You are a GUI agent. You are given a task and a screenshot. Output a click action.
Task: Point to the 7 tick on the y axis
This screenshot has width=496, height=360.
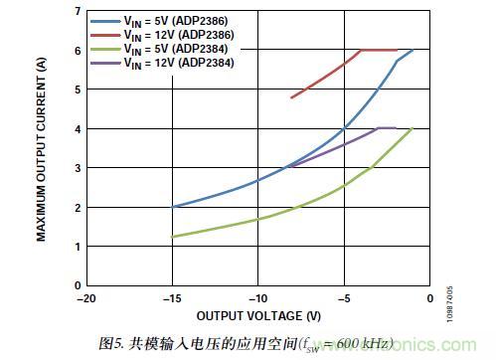[x=77, y=11]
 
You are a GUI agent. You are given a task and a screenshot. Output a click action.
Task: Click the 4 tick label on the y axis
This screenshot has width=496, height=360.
[x=77, y=128]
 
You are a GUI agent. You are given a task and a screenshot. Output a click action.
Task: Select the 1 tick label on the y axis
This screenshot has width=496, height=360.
[x=77, y=246]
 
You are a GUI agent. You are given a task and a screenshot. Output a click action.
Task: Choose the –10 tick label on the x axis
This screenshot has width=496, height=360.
[x=257, y=297]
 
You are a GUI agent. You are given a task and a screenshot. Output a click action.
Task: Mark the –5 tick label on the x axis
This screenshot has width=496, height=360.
[x=343, y=297]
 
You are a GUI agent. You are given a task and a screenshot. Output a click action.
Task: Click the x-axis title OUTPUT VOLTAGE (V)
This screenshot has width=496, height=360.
[x=258, y=315]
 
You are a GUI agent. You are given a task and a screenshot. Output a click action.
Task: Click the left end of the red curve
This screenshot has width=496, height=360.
[x=291, y=97]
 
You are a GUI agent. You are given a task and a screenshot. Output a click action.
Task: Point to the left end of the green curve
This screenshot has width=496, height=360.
[x=173, y=237]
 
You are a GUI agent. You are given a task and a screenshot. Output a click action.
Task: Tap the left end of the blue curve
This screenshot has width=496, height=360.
[x=173, y=207]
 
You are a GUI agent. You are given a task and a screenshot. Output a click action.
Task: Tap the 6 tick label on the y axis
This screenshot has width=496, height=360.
[x=77, y=50]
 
